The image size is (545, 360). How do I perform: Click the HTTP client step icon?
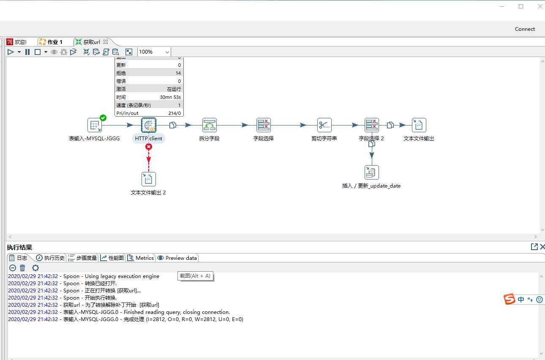[x=148, y=125]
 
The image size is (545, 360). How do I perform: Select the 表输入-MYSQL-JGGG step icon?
[x=95, y=125]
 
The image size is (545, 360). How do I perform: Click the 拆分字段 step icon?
[x=209, y=125]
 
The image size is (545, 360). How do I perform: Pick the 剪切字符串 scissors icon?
[x=324, y=125]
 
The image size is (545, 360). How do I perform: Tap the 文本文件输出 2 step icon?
[x=148, y=179]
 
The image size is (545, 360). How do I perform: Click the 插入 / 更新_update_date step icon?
[x=371, y=172]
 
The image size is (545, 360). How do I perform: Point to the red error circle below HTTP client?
[x=148, y=147]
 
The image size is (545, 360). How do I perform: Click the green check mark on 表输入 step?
[x=103, y=118]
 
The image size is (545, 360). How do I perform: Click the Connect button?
[x=525, y=29]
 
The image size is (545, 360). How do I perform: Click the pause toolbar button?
[x=27, y=52]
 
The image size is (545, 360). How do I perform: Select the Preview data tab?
[x=177, y=258]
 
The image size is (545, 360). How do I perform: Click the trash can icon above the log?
[x=23, y=268]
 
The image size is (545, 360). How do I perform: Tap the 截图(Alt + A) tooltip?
[x=195, y=276]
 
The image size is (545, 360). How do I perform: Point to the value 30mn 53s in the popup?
[x=170, y=97]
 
